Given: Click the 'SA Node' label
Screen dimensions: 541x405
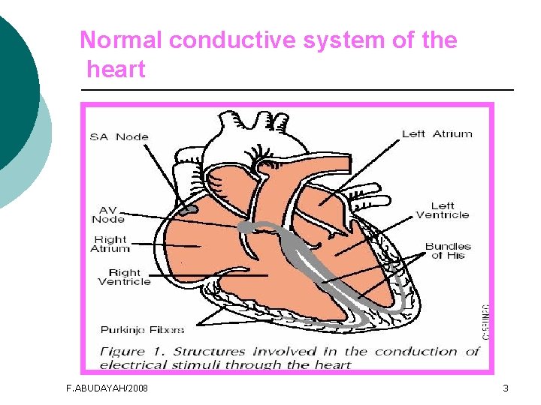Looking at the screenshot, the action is [x=119, y=136].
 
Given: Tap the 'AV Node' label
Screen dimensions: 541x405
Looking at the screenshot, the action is [x=107, y=214].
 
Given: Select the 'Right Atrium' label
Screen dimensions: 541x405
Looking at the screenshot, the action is [x=110, y=244].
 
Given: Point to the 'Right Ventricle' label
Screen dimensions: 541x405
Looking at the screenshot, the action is [x=124, y=277].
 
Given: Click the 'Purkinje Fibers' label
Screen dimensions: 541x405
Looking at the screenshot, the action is [x=142, y=329].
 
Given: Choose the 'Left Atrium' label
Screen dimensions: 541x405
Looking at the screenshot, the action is [x=437, y=134].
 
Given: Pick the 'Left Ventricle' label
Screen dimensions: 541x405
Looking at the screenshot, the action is [x=442, y=210].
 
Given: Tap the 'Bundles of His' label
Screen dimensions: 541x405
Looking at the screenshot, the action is [x=448, y=250].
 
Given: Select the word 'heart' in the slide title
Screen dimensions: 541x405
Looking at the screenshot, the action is [x=116, y=70].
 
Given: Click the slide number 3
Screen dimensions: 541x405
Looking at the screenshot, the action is [x=506, y=388].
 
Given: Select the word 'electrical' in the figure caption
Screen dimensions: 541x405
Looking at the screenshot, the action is [x=133, y=365].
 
